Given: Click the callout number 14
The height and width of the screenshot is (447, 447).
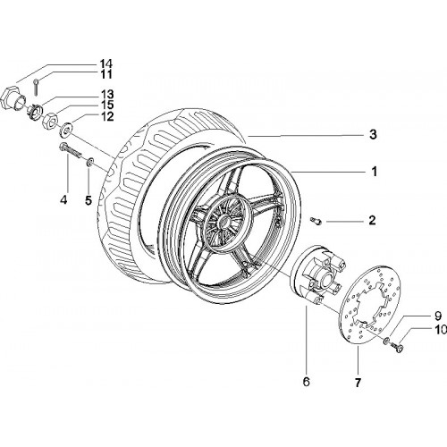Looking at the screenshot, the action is coord(105,63).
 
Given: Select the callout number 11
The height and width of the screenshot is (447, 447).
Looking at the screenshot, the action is coord(105,74).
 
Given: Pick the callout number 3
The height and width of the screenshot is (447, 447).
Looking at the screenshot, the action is coord(373,135).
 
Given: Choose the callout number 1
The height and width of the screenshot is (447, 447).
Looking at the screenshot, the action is coord(374,172).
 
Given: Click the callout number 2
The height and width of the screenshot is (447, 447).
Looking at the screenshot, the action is coord(372,221).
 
